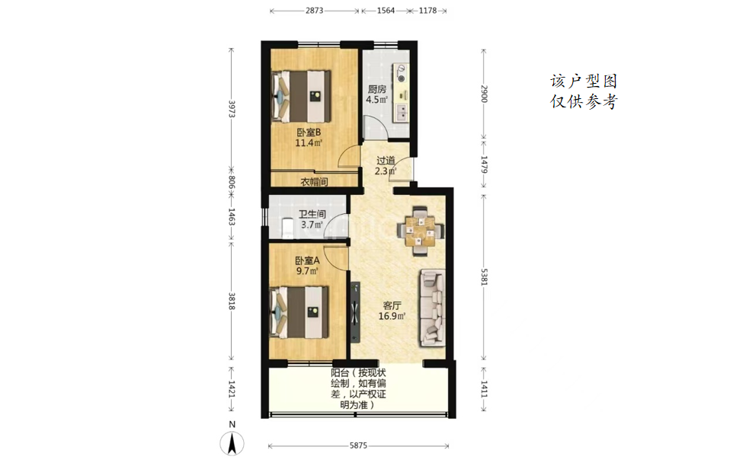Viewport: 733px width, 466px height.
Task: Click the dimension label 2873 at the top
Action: [314, 10]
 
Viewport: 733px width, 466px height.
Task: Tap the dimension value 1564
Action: [386, 10]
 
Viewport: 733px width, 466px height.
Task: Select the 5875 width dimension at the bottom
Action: [359, 445]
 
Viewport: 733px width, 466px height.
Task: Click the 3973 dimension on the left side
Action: [232, 109]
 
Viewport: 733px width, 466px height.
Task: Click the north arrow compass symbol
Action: [232, 442]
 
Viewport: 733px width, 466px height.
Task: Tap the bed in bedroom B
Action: [301, 96]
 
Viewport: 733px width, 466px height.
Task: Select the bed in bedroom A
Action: [299, 312]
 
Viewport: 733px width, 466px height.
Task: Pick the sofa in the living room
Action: [431, 308]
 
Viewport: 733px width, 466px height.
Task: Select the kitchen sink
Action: [401, 113]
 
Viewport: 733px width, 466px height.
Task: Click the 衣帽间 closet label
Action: [314, 182]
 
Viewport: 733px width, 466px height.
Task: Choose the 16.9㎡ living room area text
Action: [392, 316]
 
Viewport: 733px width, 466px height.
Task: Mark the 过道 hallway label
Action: [386, 160]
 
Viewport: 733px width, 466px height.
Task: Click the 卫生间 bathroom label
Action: [312, 214]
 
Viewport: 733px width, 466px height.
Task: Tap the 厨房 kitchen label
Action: [376, 89]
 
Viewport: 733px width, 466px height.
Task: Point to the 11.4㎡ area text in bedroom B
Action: [309, 143]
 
